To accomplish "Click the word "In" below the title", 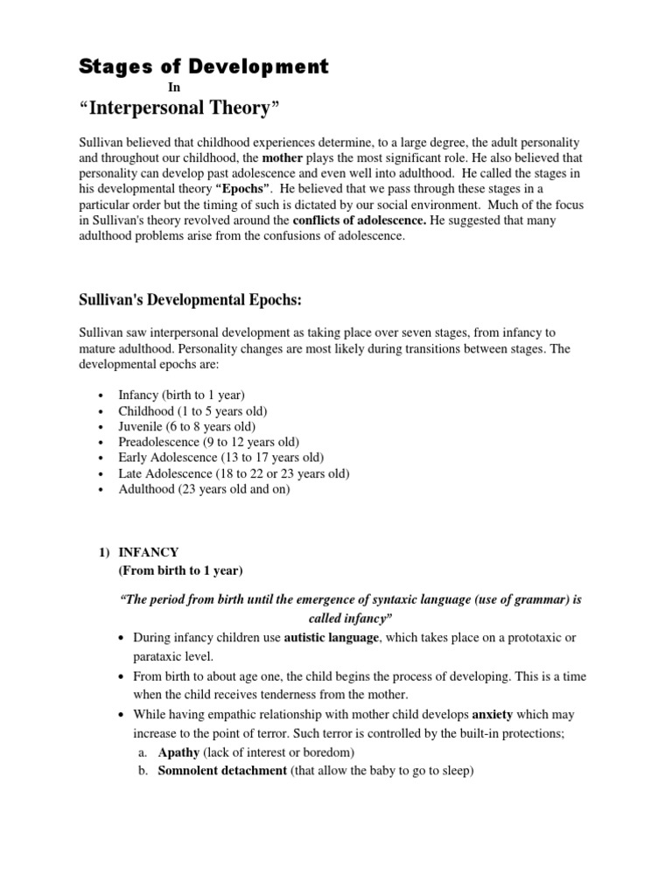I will (x=174, y=87).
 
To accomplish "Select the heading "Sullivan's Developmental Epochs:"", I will (x=190, y=300).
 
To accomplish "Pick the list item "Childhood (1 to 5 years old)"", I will (x=192, y=410).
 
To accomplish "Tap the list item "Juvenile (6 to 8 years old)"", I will (x=187, y=426).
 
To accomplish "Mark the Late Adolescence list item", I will (x=234, y=473).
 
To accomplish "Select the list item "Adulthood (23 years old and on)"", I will (x=204, y=489).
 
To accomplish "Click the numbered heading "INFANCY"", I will (x=149, y=552).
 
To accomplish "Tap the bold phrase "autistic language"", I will (x=332, y=638).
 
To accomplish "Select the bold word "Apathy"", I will (x=178, y=752).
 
